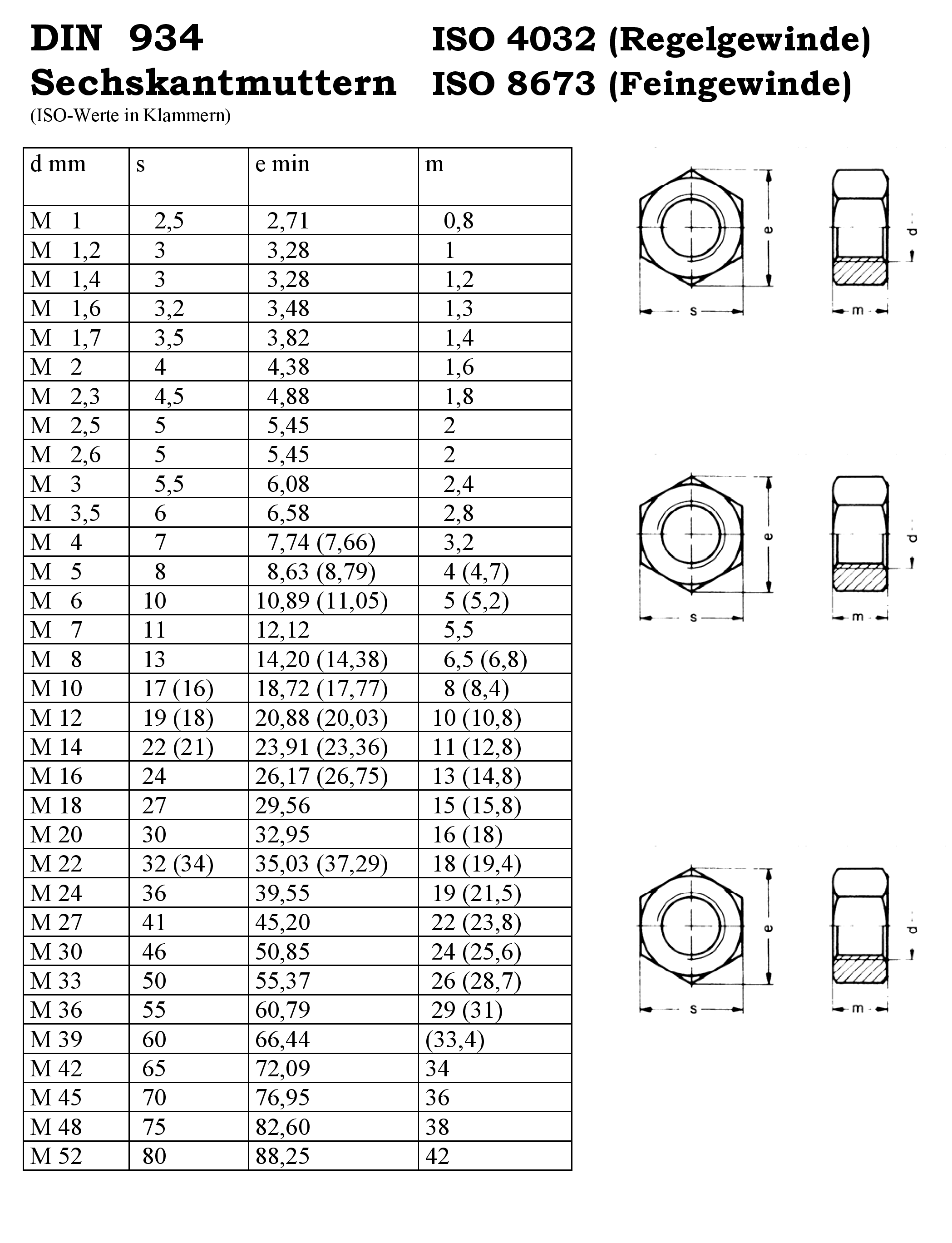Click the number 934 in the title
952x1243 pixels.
[x=165, y=39]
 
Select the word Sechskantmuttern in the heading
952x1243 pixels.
[x=213, y=83]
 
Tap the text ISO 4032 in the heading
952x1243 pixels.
[x=513, y=40]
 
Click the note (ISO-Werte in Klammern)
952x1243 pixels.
[x=130, y=116]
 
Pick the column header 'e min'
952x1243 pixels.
[x=282, y=164]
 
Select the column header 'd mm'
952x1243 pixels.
[x=58, y=164]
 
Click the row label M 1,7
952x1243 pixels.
[x=65, y=338]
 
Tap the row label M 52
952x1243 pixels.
[x=56, y=1156]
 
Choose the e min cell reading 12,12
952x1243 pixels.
[x=282, y=630]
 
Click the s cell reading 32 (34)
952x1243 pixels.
[x=178, y=864]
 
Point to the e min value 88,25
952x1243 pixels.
[x=282, y=1156]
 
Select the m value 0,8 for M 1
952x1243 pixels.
[x=459, y=220]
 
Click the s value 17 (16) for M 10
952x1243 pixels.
[x=178, y=688]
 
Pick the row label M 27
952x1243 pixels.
[x=56, y=922]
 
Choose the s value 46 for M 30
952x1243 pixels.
[x=154, y=951]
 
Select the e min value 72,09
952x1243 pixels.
[x=282, y=1069]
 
